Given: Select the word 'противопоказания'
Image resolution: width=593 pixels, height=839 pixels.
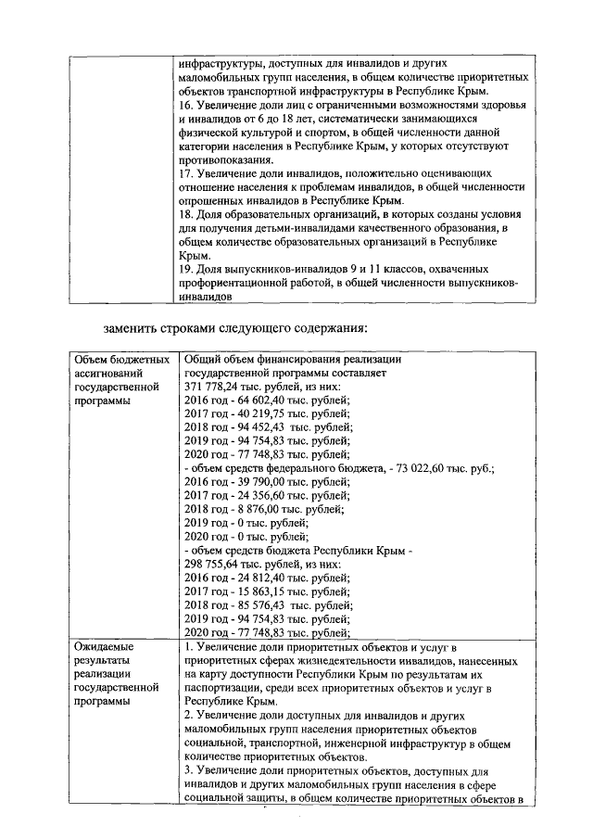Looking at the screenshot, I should pos(228,159).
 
